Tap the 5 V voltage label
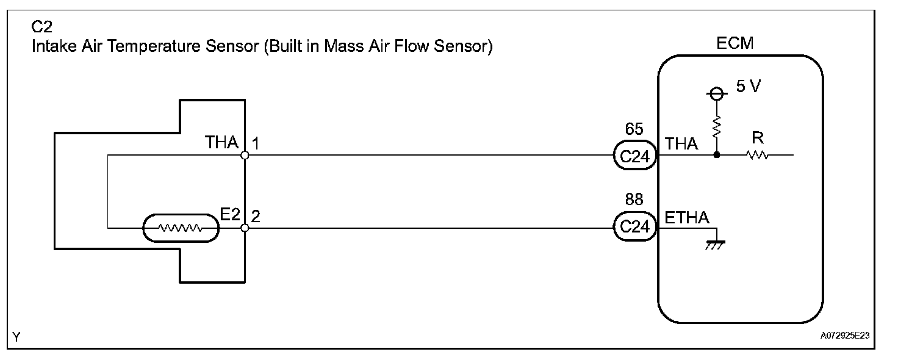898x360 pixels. point(749,87)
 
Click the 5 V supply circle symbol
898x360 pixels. point(717,93)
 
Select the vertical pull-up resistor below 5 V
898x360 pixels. point(717,129)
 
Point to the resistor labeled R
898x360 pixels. point(757,156)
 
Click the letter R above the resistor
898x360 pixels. point(758,139)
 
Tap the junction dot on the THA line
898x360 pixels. point(717,155)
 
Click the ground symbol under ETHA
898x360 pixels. point(715,244)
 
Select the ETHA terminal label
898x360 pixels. point(687,217)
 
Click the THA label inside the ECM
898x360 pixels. point(681,144)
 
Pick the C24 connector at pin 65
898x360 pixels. point(634,156)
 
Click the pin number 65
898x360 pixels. point(634,129)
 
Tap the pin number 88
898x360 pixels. point(634,200)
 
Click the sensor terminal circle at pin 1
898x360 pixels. point(245,156)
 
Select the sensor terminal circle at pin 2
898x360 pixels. point(245,228)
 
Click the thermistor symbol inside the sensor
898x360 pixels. point(180,228)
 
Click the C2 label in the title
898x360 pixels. point(40,27)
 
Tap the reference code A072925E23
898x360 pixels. point(845,335)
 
